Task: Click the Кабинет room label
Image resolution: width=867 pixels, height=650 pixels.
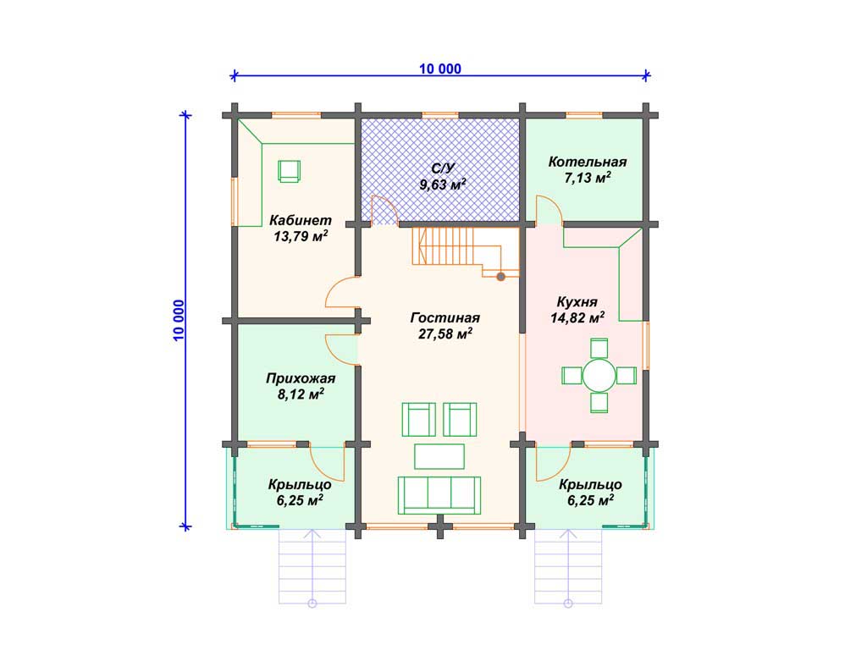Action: [x=301, y=220]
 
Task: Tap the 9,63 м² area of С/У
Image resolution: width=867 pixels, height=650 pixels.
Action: [x=442, y=184]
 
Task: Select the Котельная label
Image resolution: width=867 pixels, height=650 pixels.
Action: [x=588, y=162]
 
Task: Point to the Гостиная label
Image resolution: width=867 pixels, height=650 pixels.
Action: [x=445, y=318]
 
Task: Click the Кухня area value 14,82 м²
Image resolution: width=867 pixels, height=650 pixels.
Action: [x=577, y=317]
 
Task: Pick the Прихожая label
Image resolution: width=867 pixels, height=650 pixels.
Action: [x=301, y=378]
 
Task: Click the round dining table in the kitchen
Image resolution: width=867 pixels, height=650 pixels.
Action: [x=599, y=376]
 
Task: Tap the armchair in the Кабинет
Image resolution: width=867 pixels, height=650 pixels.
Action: [x=289, y=171]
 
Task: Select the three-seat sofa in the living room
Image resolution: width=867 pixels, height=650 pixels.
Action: [x=439, y=495]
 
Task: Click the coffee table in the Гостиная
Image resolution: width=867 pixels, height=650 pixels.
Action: [x=439, y=456]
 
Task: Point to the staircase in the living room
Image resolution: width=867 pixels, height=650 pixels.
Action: [x=465, y=251]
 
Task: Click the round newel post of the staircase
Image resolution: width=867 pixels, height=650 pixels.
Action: [x=500, y=277]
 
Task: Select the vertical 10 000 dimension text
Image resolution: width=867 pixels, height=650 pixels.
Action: [x=179, y=321]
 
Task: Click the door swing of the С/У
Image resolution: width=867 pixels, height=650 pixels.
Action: [x=384, y=210]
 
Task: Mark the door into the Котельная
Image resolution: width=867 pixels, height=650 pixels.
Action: [x=549, y=210]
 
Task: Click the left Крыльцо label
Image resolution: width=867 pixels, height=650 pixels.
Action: [x=300, y=485]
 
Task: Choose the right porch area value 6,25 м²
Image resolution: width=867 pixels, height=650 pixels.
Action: [x=590, y=500]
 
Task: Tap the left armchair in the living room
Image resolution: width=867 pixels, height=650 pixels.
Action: [x=418, y=420]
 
